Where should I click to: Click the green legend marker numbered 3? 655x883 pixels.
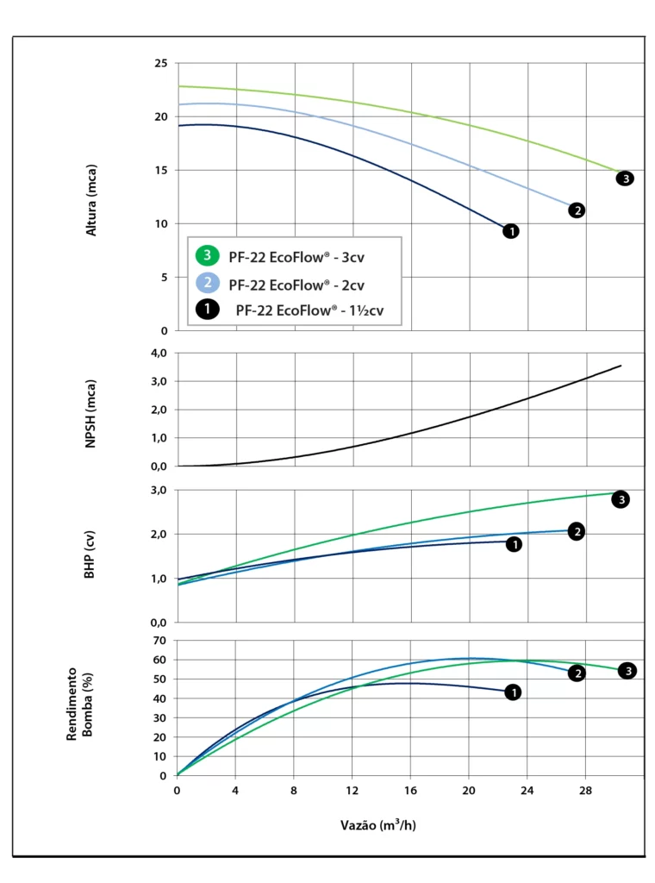pyautogui.click(x=207, y=255)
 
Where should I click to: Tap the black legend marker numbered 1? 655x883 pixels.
pyautogui.click(x=207, y=311)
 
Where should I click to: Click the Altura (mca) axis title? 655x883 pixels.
pyautogui.click(x=91, y=200)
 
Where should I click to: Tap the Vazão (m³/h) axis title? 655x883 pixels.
pyautogui.click(x=379, y=825)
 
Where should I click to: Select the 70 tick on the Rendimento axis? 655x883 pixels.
pyautogui.click(x=159, y=641)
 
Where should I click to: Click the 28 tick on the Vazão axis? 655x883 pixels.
pyautogui.click(x=586, y=791)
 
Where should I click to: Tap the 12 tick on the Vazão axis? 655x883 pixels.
pyautogui.click(x=352, y=791)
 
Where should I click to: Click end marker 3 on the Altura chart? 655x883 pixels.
pyautogui.click(x=625, y=178)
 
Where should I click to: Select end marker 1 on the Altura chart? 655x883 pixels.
pyautogui.click(x=511, y=231)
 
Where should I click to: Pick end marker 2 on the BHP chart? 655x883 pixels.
pyautogui.click(x=577, y=531)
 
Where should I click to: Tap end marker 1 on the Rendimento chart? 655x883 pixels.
pyautogui.click(x=513, y=692)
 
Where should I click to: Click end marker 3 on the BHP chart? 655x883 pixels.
pyautogui.click(x=620, y=498)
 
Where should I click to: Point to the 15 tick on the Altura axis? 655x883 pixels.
pyautogui.click(x=161, y=170)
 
